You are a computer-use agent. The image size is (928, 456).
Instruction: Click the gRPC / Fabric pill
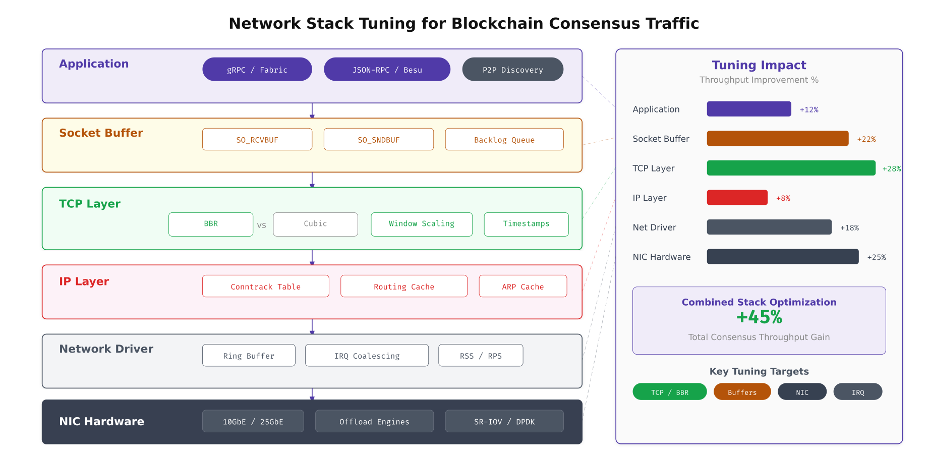[257, 70]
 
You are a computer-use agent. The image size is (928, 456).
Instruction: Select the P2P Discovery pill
[512, 70]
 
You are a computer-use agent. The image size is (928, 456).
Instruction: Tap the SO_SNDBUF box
[378, 140]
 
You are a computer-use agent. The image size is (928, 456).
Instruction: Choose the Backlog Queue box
[504, 140]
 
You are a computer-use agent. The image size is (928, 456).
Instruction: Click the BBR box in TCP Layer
[211, 224]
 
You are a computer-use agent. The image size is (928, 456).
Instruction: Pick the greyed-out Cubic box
[315, 224]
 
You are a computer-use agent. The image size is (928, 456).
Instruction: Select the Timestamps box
[526, 224]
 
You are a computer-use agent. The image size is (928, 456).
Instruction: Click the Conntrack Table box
[265, 287]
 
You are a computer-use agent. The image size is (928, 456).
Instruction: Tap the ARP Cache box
[523, 287]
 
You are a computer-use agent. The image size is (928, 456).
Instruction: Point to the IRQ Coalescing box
[367, 356]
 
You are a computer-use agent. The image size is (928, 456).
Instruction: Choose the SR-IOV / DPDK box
[504, 421]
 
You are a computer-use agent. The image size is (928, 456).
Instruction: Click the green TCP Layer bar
[791, 168]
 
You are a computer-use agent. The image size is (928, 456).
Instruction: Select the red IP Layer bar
[737, 198]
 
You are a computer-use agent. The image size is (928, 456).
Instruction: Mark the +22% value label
[866, 139]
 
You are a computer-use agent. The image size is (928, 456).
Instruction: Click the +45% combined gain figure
[759, 317]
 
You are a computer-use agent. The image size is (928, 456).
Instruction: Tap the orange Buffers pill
[742, 392]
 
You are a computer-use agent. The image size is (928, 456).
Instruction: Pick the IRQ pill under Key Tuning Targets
[857, 392]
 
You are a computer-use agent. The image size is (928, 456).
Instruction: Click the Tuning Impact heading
[759, 65]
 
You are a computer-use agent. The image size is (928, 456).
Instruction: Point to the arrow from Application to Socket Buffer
[312, 110]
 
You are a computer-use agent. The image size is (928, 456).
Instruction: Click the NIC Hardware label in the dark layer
[102, 422]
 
